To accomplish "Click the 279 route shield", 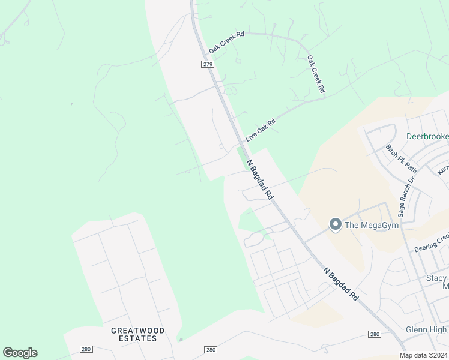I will pyautogui.click(x=208, y=64).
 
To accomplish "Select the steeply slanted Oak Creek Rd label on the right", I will pyautogui.click(x=316, y=74).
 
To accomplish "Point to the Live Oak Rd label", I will pyautogui.click(x=260, y=130).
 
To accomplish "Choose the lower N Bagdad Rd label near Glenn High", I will pyautogui.click(x=340, y=284).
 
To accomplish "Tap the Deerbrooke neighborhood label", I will pyautogui.click(x=427, y=136).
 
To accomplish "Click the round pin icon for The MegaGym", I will pyautogui.click(x=335, y=225).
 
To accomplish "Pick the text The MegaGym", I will pyautogui.click(x=372, y=226).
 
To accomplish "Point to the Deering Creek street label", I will pyautogui.click(x=431, y=244).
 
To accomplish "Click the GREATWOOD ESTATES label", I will pyautogui.click(x=137, y=334).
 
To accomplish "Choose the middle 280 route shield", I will pyautogui.click(x=210, y=350).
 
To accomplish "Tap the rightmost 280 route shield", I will pyautogui.click(x=374, y=334).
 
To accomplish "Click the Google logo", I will pyautogui.click(x=20, y=353).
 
